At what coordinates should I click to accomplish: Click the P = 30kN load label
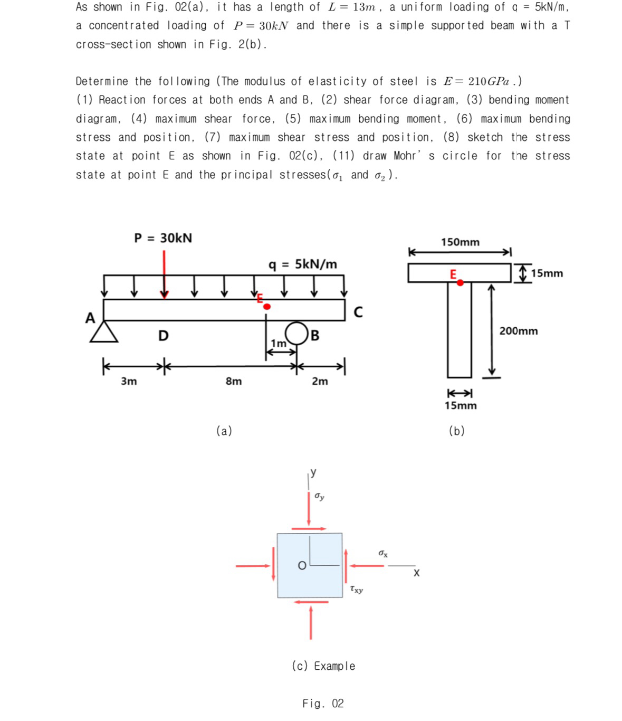pos(163,238)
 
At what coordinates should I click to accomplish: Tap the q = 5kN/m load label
pos(303,264)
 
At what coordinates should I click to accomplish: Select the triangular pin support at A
pos(104,331)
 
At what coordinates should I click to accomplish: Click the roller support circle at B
pos(296,333)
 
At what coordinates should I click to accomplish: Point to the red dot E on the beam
pos(267,307)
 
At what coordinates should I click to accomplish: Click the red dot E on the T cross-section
pos(460,283)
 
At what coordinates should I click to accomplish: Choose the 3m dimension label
pos(129,381)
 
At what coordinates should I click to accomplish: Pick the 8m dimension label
pos(234,381)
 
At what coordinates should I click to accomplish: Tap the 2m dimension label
pos(320,381)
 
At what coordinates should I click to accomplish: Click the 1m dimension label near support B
pos(278,344)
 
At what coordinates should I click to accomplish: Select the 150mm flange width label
pos(460,242)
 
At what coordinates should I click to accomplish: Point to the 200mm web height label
pos(519,331)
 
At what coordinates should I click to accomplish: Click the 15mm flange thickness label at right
pos(547,273)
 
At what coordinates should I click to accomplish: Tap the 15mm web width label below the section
pos(460,405)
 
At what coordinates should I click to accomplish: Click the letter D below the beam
pos(164,336)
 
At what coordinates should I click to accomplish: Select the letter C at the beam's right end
pos(358,312)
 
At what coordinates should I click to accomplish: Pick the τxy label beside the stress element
pos(356,589)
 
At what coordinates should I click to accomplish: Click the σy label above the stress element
pos(319,496)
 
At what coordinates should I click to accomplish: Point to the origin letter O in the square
pos(302,566)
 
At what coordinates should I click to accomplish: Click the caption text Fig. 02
pos(323,704)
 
